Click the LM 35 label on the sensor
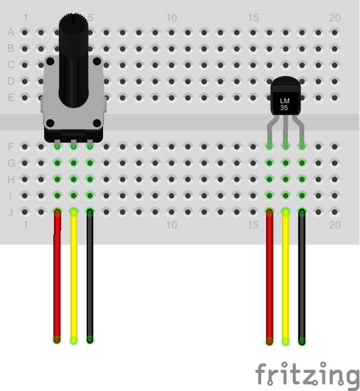click(284, 104)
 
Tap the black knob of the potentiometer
click(73, 60)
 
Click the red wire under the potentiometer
click(57, 276)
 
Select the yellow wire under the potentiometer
click(73, 276)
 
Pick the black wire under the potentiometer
click(90, 276)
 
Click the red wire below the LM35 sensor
click(269, 277)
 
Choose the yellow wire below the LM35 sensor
click(285, 277)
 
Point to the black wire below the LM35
click(302, 277)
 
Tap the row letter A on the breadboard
click(11, 32)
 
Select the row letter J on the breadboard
click(10, 212)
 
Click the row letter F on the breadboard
click(11, 147)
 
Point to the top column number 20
click(335, 18)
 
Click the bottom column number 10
click(172, 225)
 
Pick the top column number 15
click(253, 18)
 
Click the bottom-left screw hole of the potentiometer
click(50, 123)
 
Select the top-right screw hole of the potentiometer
click(97, 61)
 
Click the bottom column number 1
click(25, 225)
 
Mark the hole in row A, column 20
click(335, 32)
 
